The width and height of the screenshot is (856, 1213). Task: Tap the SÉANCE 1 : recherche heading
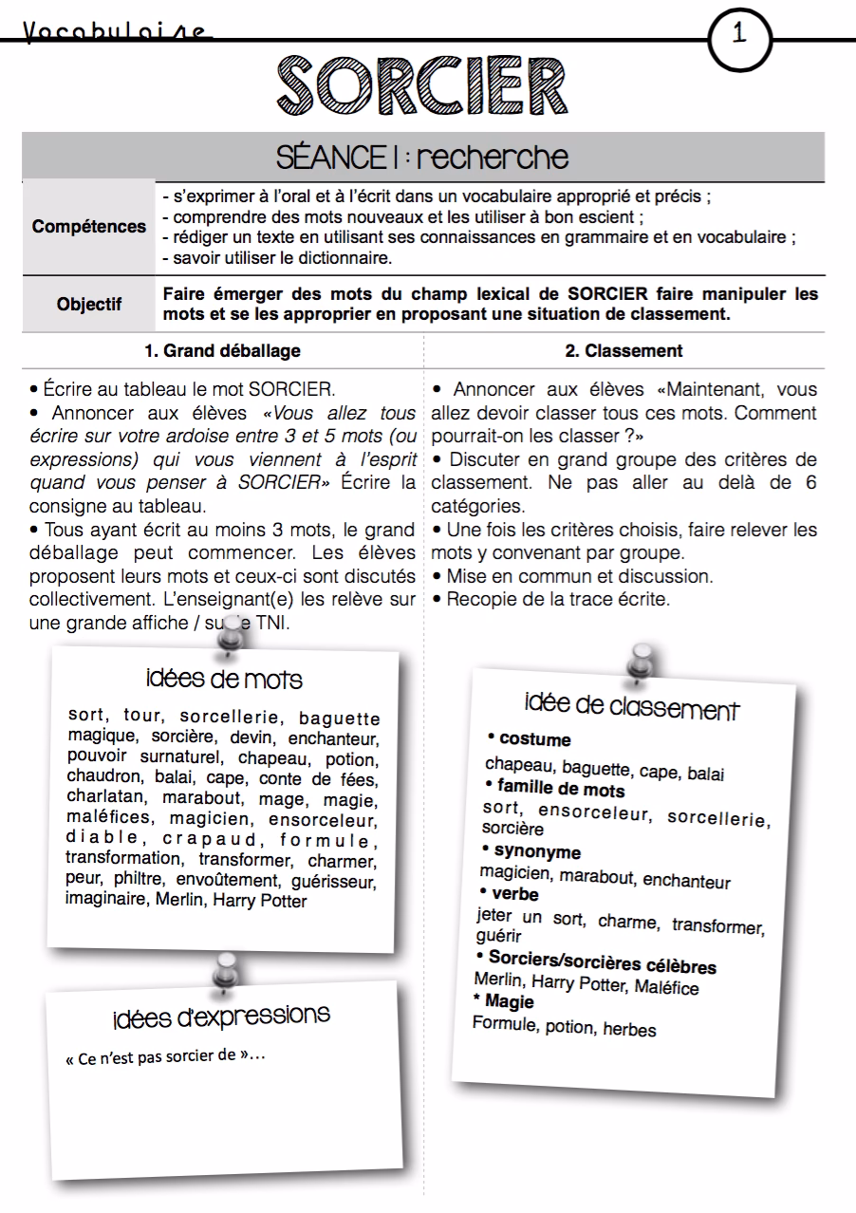tap(422, 157)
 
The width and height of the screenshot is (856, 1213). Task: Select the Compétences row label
tap(89, 227)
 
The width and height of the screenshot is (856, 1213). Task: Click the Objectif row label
tap(89, 305)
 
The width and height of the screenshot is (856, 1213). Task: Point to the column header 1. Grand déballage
tap(222, 350)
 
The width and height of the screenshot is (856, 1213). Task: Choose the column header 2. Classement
tap(623, 350)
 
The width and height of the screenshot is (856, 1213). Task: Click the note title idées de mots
tap(225, 680)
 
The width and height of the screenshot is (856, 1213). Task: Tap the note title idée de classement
tap(631, 707)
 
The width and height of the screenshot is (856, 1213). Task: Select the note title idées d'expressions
tap(221, 1016)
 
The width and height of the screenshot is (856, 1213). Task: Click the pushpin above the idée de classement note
tap(642, 662)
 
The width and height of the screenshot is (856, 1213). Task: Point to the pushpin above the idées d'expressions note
tap(226, 968)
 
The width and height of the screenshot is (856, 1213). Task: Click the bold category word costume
tap(534, 740)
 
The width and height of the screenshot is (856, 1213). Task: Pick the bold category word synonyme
tap(536, 851)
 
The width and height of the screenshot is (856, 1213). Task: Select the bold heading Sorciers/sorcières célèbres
tap(602, 962)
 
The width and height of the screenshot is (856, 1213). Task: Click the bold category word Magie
tap(509, 1001)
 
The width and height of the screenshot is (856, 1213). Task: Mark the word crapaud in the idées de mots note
tap(210, 840)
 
